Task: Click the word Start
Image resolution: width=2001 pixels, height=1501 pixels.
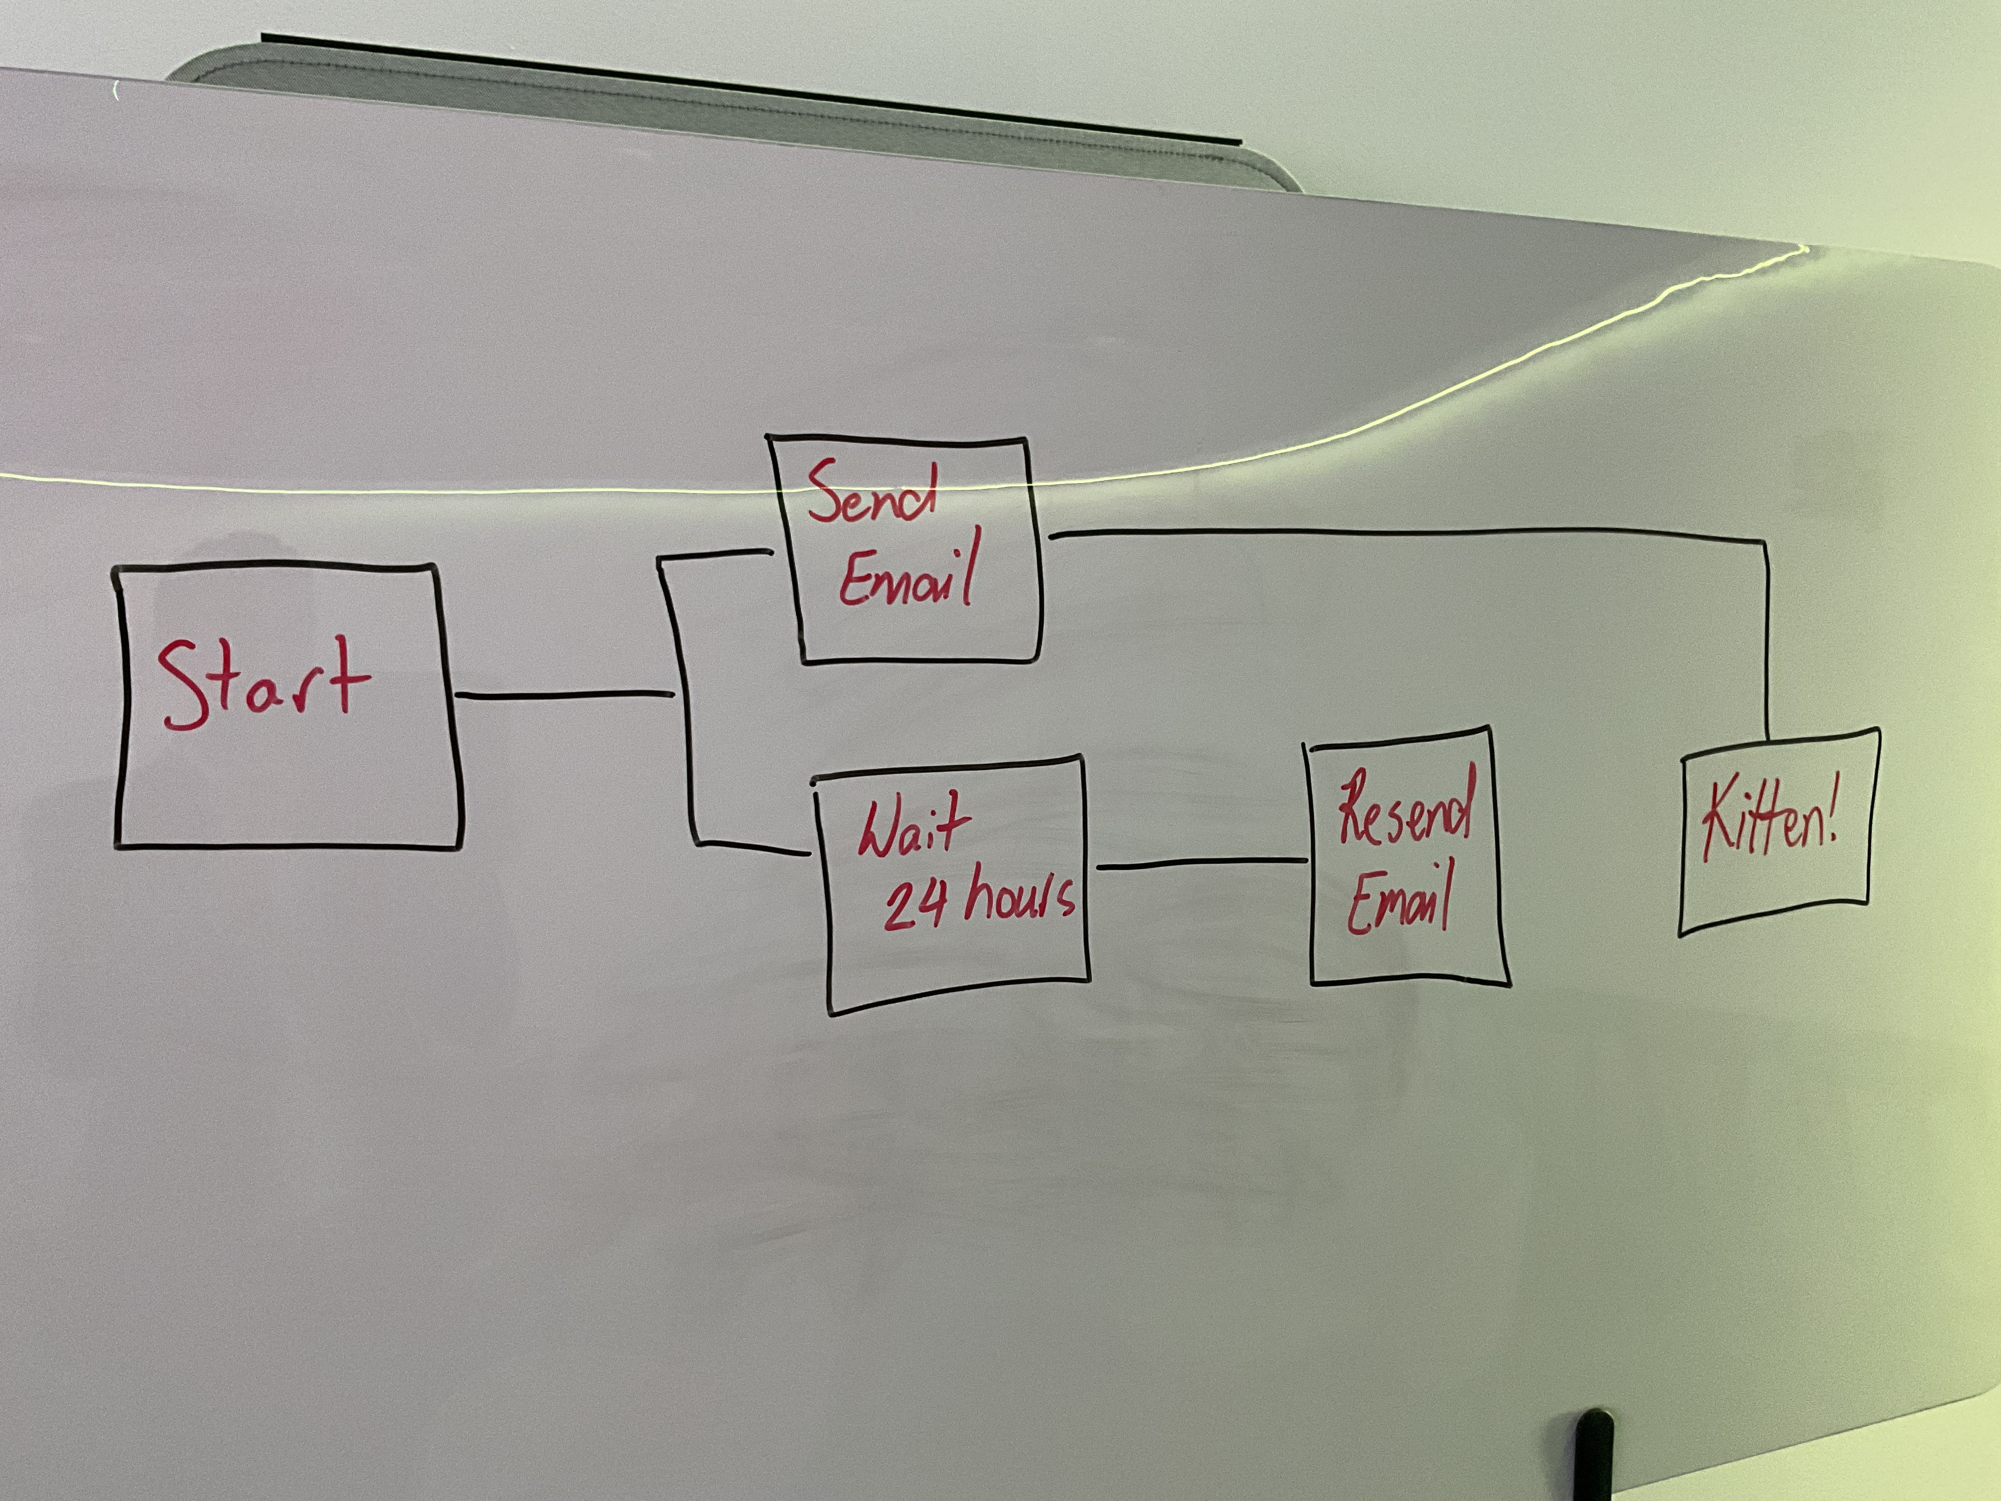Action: [263, 685]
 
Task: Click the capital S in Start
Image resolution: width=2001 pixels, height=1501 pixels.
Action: [181, 685]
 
